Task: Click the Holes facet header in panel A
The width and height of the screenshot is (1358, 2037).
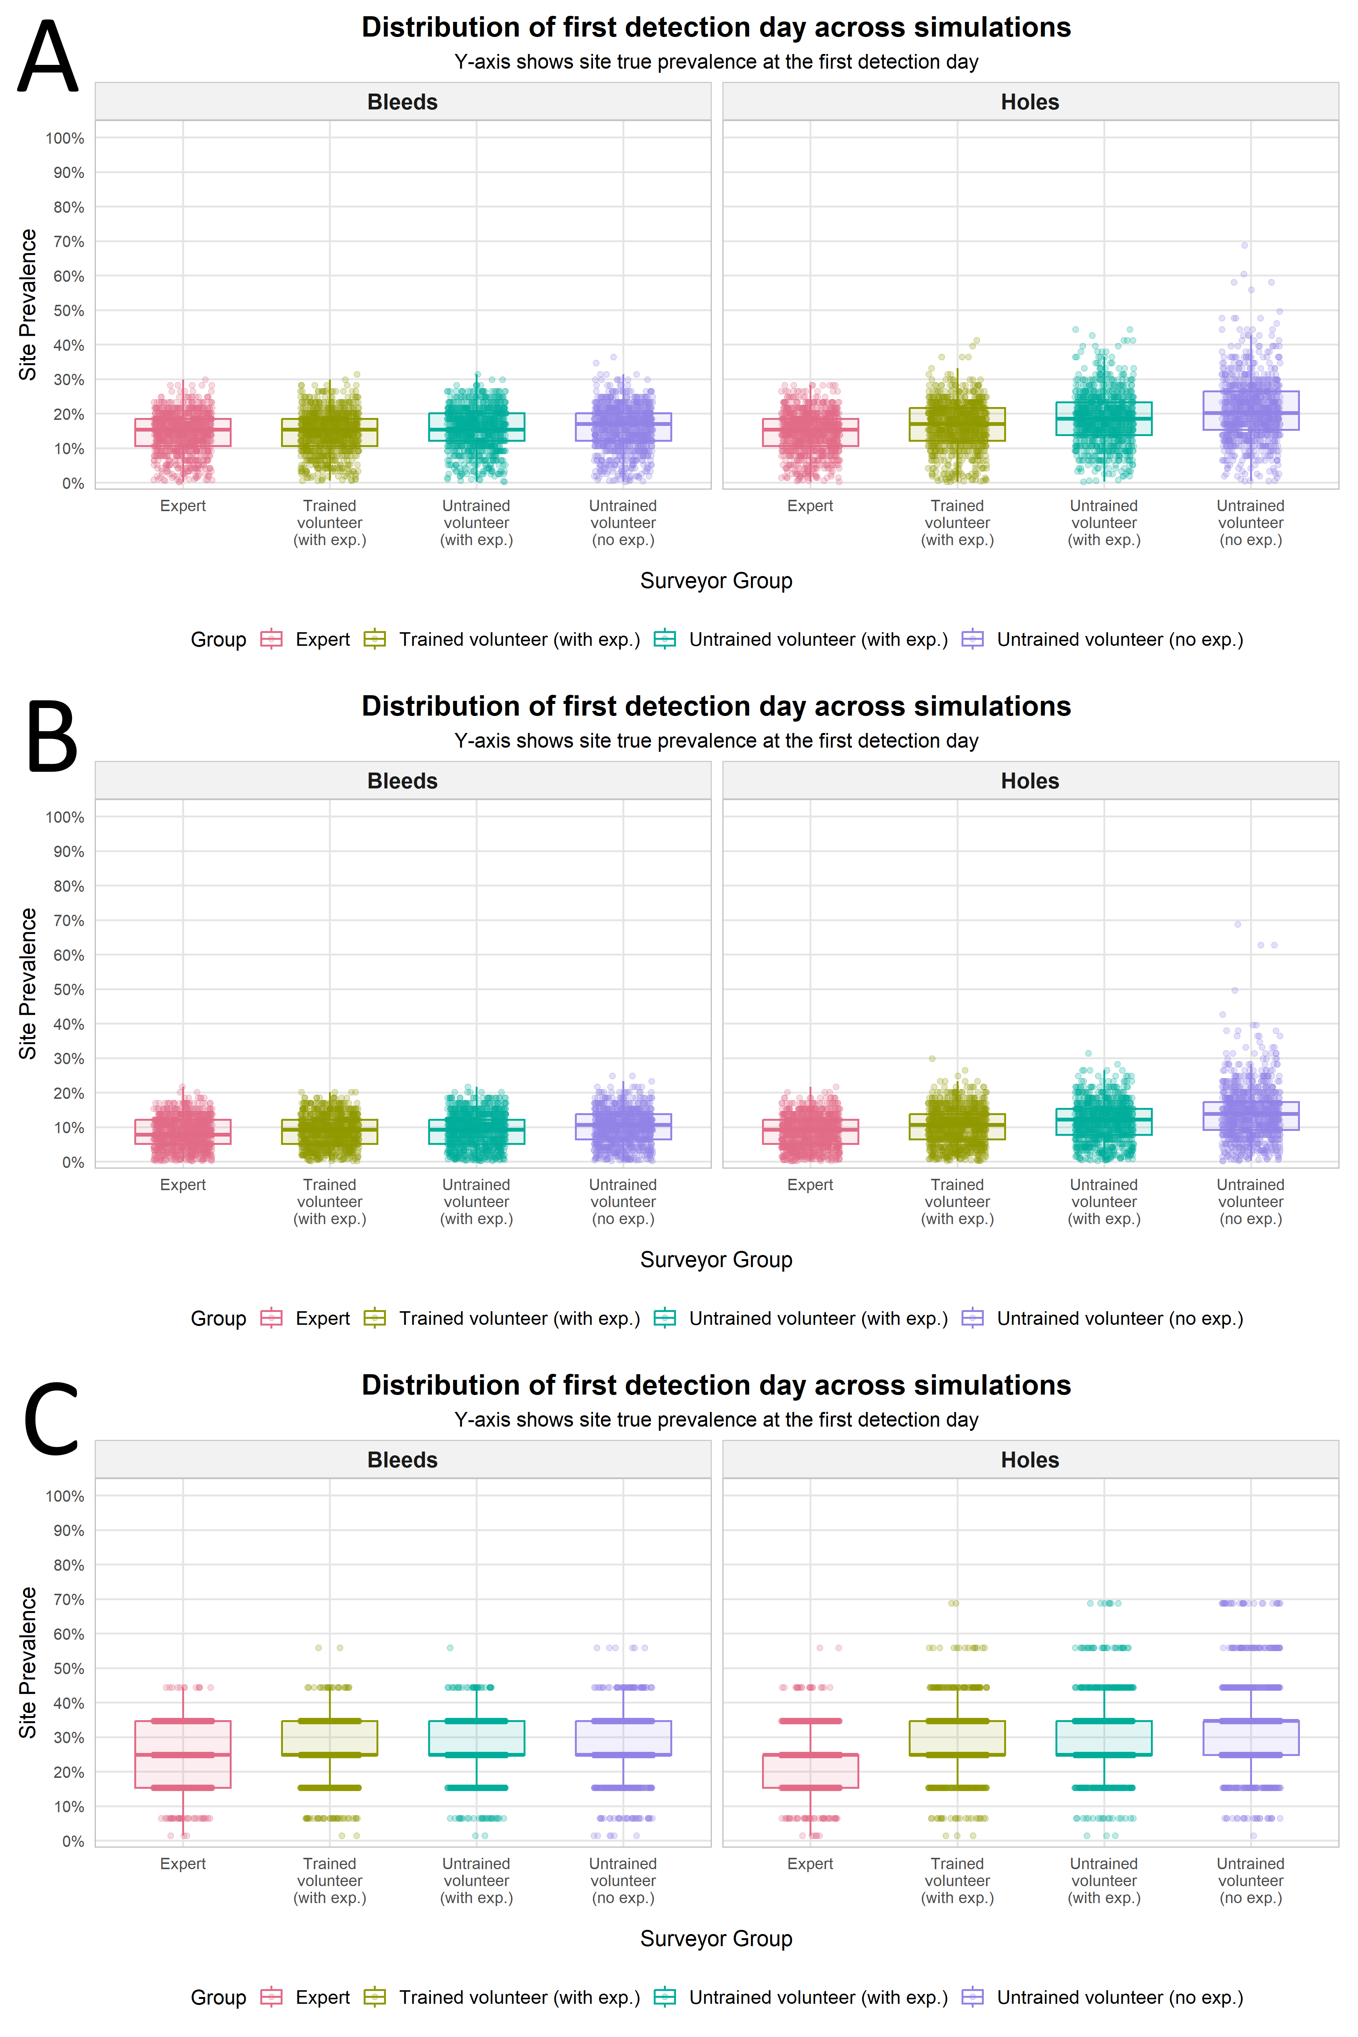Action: [x=1030, y=102]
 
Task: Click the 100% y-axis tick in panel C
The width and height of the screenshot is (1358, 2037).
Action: [x=65, y=1496]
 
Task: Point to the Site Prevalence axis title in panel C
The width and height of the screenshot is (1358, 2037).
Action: [x=28, y=1663]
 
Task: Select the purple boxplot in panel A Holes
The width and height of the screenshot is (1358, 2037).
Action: [x=1250, y=410]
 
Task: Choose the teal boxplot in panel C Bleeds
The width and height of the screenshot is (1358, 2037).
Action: [x=476, y=1737]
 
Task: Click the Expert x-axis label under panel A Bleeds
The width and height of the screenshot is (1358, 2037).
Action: [x=183, y=506]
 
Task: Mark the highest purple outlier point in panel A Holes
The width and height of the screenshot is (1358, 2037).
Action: [x=1244, y=245]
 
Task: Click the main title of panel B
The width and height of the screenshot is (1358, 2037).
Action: [x=716, y=707]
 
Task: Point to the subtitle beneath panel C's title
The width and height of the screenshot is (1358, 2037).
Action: [x=716, y=1420]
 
